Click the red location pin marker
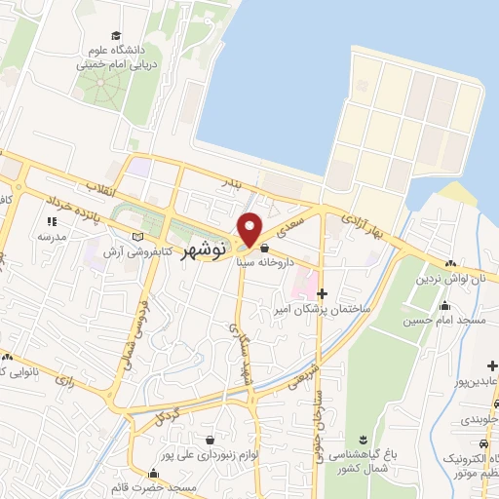(250, 228)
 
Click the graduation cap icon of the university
(116, 35)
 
